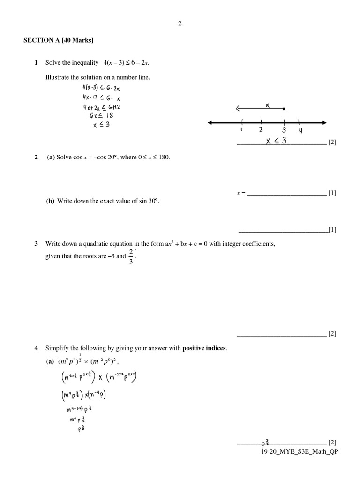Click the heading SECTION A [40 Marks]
click(59, 41)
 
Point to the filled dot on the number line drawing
click(284, 109)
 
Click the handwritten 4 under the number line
click(300, 131)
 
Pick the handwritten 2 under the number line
click(261, 130)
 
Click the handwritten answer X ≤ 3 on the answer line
click(276, 141)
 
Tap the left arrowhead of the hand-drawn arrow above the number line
click(239, 109)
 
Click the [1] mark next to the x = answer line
click(332, 193)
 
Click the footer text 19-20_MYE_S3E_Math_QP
click(300, 451)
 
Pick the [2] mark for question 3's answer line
click(332, 334)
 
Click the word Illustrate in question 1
click(57, 77)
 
